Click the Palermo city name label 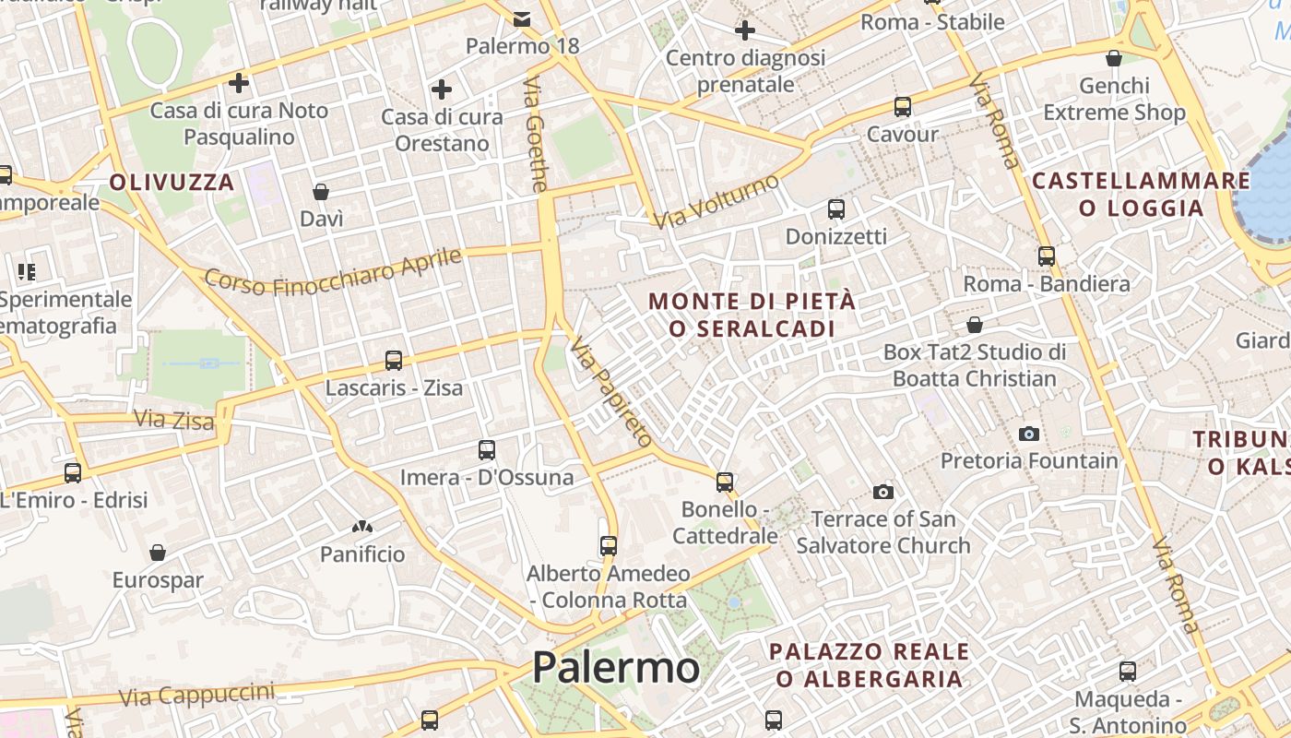616,667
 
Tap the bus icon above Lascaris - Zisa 394,360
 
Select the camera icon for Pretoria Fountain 1029,434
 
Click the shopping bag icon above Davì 321,192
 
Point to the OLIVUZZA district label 172,182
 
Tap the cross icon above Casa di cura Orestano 442,89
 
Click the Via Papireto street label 610,391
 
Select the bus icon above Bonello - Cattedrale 725,482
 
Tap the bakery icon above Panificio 361,527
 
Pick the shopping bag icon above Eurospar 158,553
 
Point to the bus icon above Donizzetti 836,209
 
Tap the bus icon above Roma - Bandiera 1047,256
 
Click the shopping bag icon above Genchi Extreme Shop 1114,59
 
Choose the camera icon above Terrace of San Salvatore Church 883,492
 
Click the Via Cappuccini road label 197,694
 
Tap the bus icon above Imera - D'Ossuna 487,450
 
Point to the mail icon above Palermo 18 522,18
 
